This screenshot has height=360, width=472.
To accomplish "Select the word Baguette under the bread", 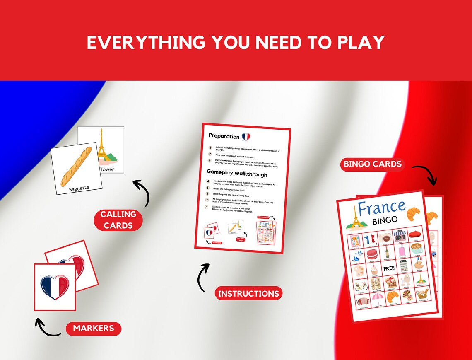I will point(79,188).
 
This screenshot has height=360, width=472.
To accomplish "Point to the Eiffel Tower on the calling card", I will point(101,145).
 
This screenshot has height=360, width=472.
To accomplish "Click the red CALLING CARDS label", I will point(118,220).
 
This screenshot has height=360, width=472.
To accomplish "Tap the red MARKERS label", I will point(93,329).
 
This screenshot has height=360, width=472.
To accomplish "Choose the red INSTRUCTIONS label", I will point(248,294).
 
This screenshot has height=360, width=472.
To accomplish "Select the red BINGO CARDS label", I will point(373,164).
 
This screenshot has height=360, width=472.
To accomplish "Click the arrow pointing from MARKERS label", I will point(47,328).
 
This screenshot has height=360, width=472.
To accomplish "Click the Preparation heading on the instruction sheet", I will point(224,136).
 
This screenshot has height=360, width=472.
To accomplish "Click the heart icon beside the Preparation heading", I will point(246,136).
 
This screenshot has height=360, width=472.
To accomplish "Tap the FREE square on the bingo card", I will point(389,268).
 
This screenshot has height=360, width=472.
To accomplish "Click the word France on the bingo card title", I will point(381,207).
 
